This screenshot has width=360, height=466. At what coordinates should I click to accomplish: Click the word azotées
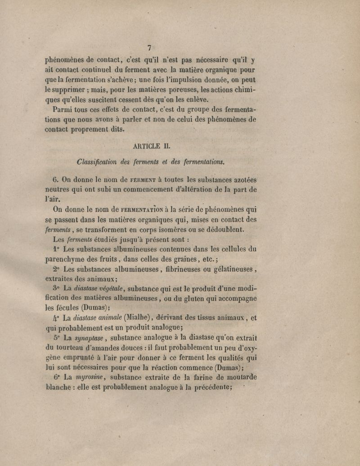click(243, 178)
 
